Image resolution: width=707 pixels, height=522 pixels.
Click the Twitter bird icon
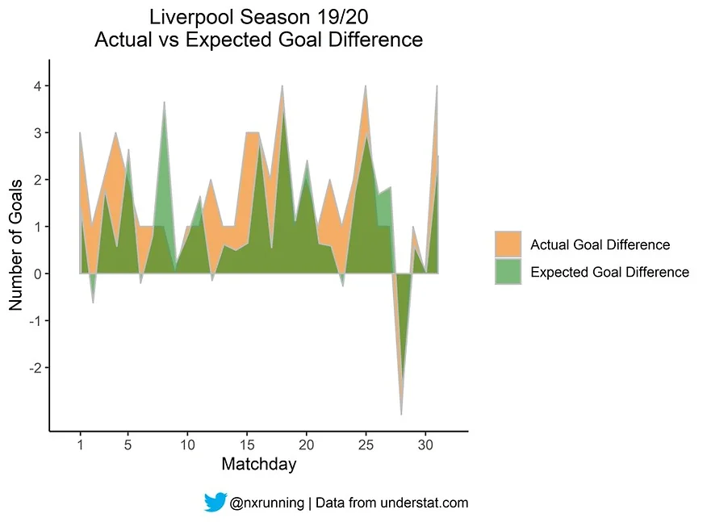coord(215,502)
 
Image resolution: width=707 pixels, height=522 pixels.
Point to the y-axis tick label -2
coord(36,367)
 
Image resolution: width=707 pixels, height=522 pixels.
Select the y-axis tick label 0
coord(38,274)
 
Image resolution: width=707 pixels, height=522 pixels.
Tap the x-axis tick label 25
coord(366,445)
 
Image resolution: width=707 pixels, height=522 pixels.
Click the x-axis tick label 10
coord(187,445)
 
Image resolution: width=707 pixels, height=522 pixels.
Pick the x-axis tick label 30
coord(425,445)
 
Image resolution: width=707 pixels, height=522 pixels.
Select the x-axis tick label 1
coord(80,445)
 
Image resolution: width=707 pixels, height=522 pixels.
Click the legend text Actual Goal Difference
coord(600,244)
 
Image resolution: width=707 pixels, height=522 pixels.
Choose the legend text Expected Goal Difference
coord(609,272)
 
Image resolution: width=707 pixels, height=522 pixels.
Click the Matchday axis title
coord(258,465)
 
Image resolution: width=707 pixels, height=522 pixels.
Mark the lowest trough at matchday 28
coord(401,414)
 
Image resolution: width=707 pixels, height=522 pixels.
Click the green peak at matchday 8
coord(164,102)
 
